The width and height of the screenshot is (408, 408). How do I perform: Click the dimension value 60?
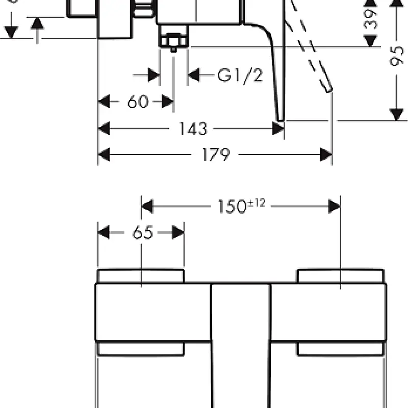[x=137, y=102]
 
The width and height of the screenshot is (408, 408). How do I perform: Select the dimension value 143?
[x=193, y=129]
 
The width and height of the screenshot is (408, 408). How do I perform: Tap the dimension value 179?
[x=216, y=155]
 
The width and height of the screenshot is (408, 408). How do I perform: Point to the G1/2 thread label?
[x=240, y=75]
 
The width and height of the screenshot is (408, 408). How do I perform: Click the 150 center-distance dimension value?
[x=233, y=207]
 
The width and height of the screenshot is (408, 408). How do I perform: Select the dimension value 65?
[x=142, y=233]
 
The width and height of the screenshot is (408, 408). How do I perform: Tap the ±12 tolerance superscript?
[x=258, y=203]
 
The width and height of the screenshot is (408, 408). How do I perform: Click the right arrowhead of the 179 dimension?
[x=326, y=155]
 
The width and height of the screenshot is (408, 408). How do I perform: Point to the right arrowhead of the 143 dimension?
[x=278, y=129]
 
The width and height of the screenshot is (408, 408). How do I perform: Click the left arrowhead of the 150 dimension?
[x=147, y=207]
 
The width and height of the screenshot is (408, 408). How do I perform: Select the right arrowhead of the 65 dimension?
[x=178, y=233]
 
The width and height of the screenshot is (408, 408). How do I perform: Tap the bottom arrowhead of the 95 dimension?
[x=396, y=115]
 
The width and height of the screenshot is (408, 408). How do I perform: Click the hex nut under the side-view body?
[x=173, y=40]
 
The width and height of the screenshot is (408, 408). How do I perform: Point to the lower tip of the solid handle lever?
[x=280, y=118]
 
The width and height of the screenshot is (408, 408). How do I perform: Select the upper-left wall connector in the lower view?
[x=141, y=276]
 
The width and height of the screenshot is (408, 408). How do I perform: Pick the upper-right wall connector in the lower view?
[x=340, y=276]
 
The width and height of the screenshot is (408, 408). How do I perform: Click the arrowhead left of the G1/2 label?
[x=194, y=75]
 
